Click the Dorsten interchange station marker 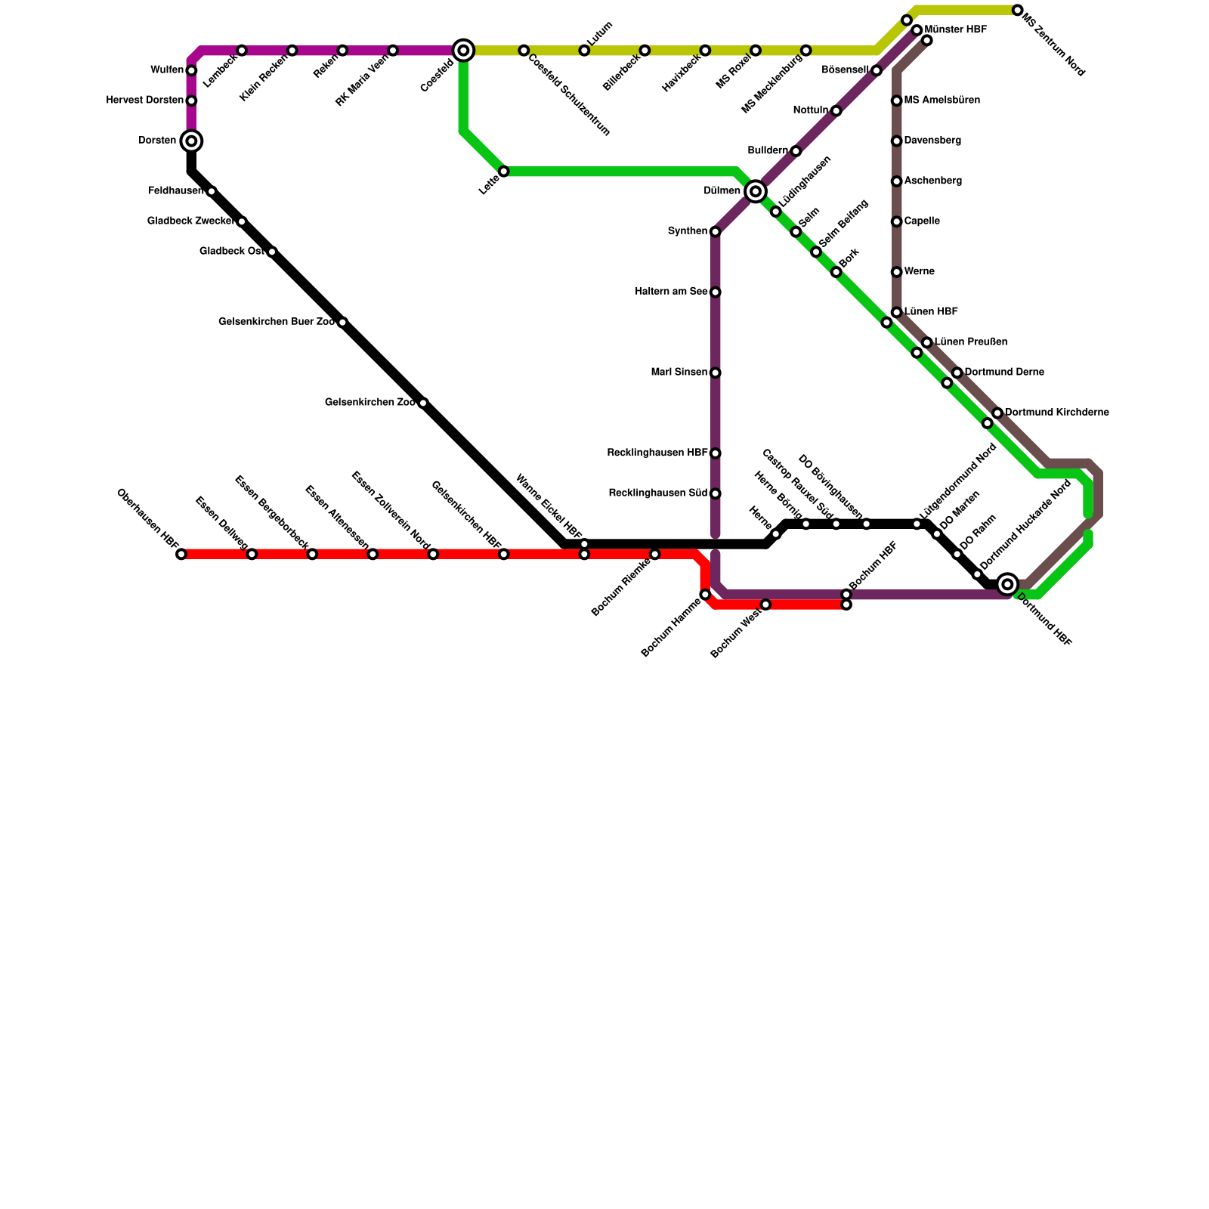192,141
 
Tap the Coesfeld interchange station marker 464,51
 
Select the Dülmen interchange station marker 756,192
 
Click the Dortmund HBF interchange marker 1007,584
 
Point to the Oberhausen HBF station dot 181,555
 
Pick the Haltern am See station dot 716,292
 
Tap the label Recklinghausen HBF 657,453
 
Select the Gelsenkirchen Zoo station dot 423,404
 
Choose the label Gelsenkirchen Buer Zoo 277,322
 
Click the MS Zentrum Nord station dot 1018,11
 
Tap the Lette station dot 504,172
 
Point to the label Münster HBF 955,30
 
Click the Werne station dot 897,272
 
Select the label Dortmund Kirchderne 1056,413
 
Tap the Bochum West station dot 766,604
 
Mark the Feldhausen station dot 212,192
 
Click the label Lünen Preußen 970,342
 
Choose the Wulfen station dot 192,71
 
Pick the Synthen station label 687,231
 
